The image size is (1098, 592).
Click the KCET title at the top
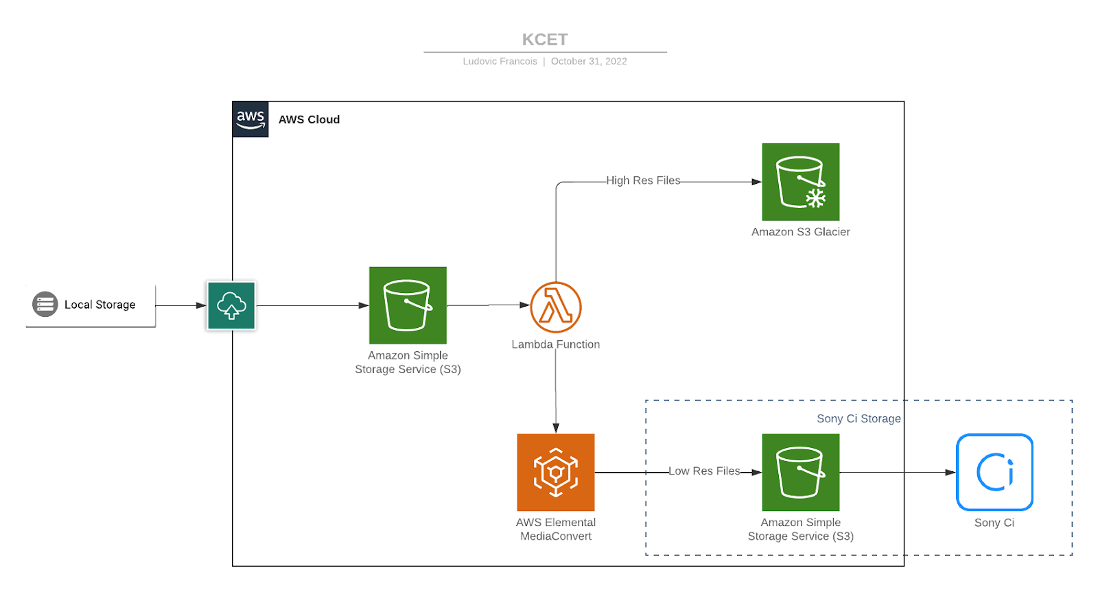click(545, 40)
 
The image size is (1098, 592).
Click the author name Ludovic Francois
click(500, 61)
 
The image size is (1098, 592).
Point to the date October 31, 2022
click(589, 61)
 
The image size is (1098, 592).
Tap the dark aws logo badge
click(250, 119)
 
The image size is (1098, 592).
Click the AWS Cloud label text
click(309, 119)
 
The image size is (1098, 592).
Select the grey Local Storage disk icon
click(45, 304)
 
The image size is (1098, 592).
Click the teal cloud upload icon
click(231, 306)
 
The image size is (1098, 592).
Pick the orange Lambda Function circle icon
click(556, 307)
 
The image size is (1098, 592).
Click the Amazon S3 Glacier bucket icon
click(800, 182)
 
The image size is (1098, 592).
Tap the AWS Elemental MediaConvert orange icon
click(556, 472)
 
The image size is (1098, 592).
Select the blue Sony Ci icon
click(994, 472)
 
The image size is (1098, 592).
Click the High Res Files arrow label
click(643, 180)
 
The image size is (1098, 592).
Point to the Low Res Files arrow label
click(704, 471)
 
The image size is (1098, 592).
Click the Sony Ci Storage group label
click(858, 418)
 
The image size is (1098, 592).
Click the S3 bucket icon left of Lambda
click(408, 305)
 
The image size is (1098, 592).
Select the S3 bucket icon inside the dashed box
click(800, 472)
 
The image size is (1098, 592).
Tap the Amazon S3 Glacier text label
click(800, 232)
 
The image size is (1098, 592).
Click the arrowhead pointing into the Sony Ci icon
click(950, 472)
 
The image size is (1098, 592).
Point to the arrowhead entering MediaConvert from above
click(556, 428)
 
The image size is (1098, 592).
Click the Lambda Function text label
click(556, 344)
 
